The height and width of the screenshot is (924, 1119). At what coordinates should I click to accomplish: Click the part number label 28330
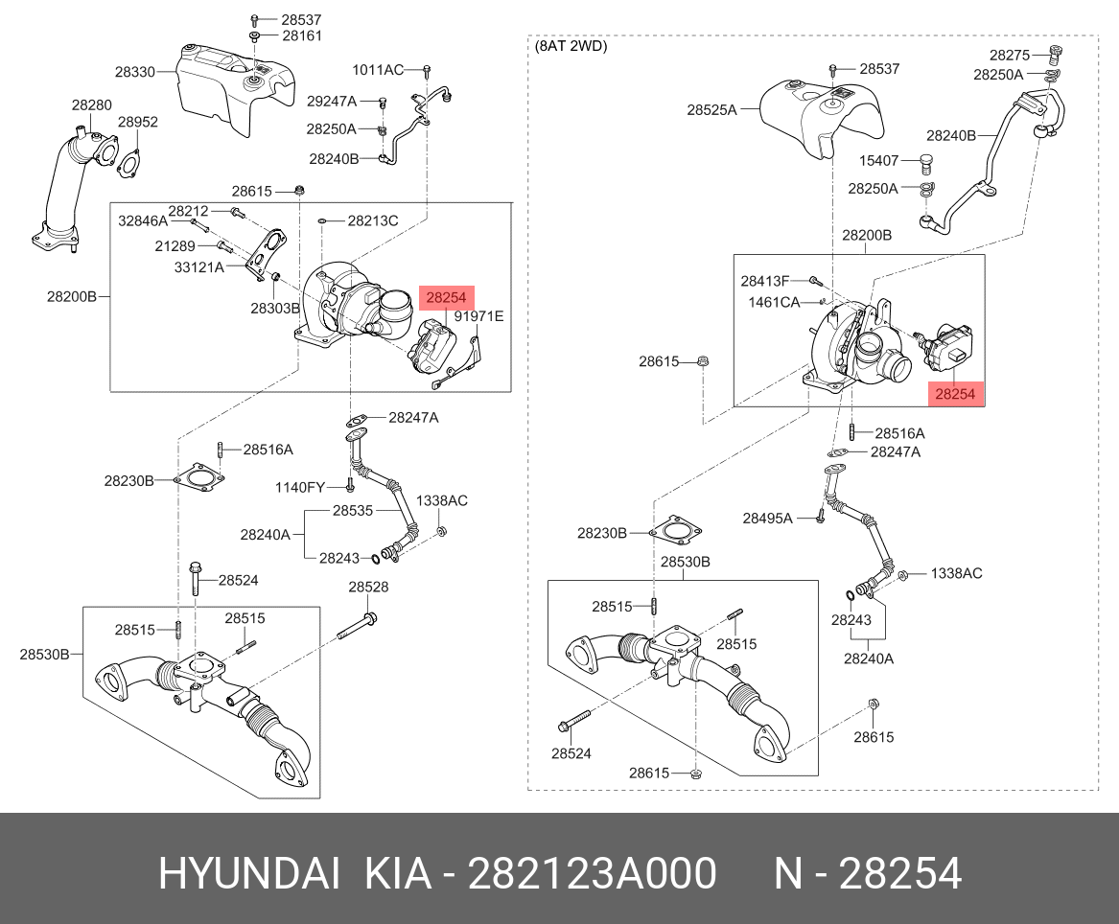click(x=135, y=72)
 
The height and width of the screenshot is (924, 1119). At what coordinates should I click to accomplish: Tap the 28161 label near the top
click(x=302, y=36)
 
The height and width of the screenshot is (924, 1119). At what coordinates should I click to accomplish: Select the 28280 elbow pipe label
click(x=91, y=104)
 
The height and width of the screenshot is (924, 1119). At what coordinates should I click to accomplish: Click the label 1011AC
click(x=378, y=70)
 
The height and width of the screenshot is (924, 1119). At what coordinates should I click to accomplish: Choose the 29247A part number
click(x=331, y=101)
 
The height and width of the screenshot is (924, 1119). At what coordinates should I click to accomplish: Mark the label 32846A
click(x=143, y=220)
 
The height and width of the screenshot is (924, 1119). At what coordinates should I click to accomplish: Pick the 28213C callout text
click(x=372, y=221)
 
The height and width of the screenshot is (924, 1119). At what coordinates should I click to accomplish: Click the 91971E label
click(x=478, y=316)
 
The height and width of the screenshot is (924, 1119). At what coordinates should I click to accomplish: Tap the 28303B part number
click(x=275, y=309)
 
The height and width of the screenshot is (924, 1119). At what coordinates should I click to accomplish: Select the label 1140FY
click(x=301, y=488)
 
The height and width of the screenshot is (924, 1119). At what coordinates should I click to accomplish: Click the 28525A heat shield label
click(x=711, y=110)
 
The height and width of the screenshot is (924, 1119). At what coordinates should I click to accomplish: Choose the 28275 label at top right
click(x=1010, y=56)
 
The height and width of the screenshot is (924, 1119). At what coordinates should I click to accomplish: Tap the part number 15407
click(x=877, y=161)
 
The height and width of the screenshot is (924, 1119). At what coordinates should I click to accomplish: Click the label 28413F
click(x=765, y=281)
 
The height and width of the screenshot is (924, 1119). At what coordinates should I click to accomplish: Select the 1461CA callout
click(x=774, y=302)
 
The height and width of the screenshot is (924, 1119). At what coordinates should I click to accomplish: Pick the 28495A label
click(x=767, y=519)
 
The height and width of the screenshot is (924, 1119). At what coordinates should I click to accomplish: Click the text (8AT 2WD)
click(x=571, y=45)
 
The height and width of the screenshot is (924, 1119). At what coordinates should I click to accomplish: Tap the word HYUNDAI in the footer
click(x=247, y=874)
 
